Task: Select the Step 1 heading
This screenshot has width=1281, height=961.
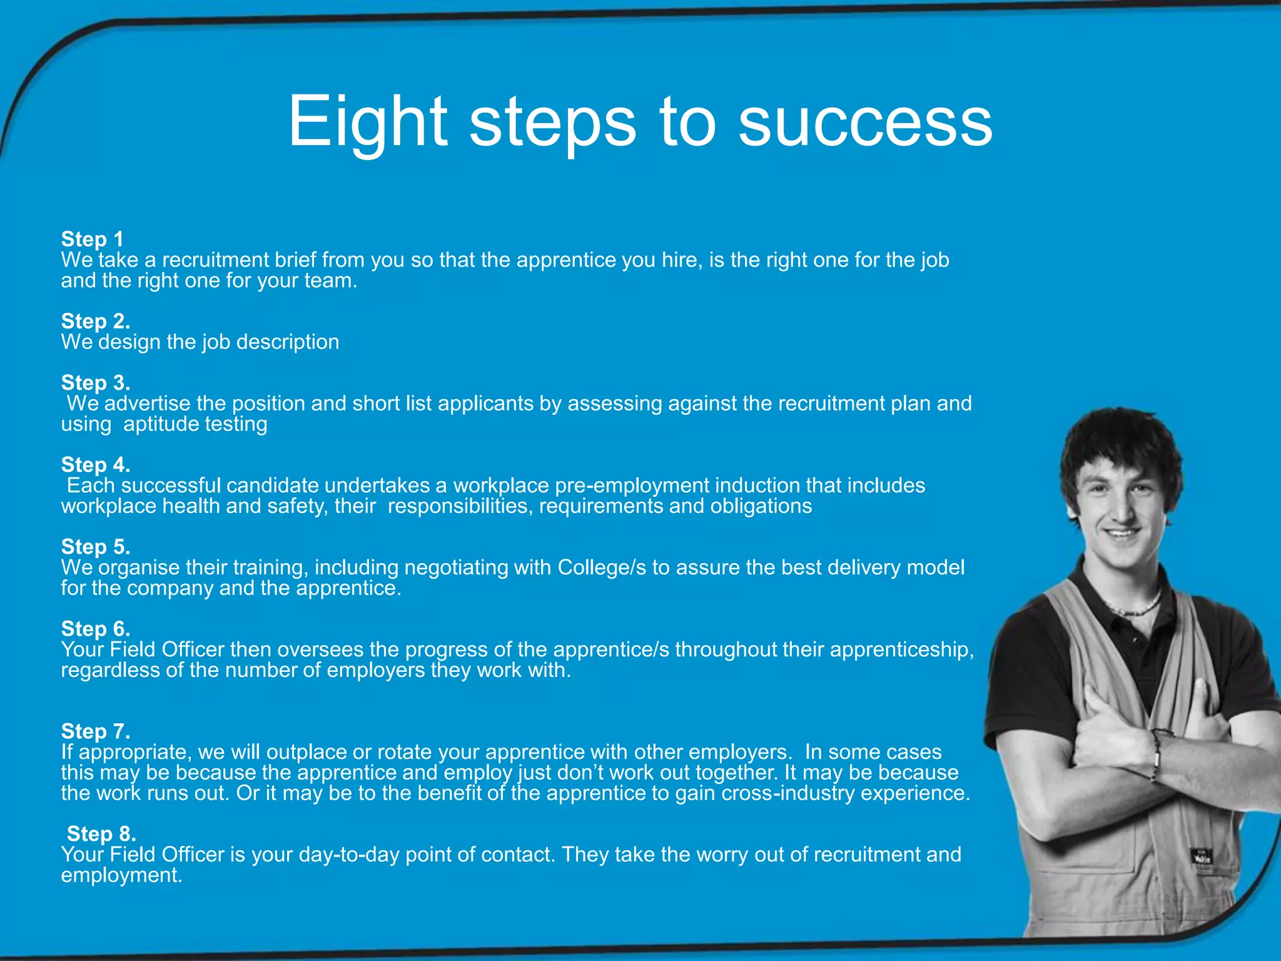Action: [x=92, y=239]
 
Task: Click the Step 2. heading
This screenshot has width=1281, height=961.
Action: [x=96, y=321]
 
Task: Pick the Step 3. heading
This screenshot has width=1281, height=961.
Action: [x=96, y=382]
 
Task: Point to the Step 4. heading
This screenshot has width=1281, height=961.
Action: [x=96, y=464]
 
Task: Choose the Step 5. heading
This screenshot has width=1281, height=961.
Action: [x=96, y=546]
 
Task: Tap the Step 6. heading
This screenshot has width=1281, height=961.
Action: [x=96, y=628]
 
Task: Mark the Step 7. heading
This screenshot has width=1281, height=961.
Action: [x=96, y=731]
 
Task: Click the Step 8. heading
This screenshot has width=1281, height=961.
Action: [x=101, y=833]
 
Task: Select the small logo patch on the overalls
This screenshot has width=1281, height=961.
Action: [x=1202, y=856]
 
